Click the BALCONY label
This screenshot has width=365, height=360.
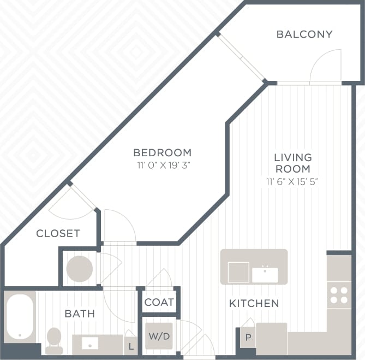pos(304,34)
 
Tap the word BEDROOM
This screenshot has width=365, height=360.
pos(163,152)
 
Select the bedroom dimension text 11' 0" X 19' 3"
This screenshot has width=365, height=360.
pos(163,164)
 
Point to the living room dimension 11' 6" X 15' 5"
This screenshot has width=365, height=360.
pos(292,181)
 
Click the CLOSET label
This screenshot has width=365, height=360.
pos(58,233)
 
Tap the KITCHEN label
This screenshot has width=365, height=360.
pos(254,303)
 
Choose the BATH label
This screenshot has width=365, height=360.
pos(80,314)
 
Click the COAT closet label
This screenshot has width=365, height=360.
pos(159,302)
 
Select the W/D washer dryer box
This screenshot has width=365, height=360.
pos(159,336)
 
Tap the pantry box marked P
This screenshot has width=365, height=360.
pos(248,338)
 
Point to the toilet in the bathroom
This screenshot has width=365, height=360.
pos(54,339)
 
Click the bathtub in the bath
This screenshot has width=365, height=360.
pos(20,317)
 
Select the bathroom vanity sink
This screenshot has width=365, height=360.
pos(89,344)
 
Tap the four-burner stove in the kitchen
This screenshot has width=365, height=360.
pos(339,295)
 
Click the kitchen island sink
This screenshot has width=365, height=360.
pos(265,274)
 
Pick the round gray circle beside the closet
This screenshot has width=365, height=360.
pos(80,269)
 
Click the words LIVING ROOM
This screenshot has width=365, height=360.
pos(292,163)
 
